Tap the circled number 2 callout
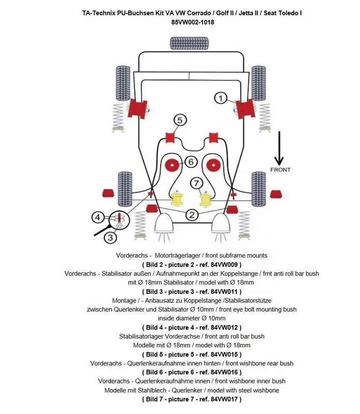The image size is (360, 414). click(x=191, y=215)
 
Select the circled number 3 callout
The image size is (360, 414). click(x=110, y=238)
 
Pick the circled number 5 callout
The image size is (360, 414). click(x=179, y=120)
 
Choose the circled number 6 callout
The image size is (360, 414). click(x=190, y=162)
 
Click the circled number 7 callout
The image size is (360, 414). click(x=196, y=183)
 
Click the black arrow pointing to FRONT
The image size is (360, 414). click(x=280, y=147)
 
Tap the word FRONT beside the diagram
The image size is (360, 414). click(x=280, y=170)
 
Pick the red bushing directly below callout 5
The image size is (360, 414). click(x=170, y=138)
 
